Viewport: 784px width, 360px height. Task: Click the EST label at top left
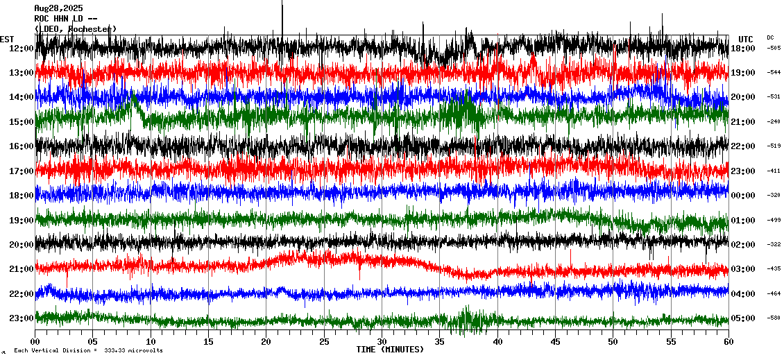pyautogui.click(x=7, y=39)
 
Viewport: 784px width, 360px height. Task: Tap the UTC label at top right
pyautogui.click(x=745, y=39)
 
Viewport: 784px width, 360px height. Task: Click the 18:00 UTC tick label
pyautogui.click(x=742, y=48)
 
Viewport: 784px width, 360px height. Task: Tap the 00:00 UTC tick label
pyautogui.click(x=742, y=196)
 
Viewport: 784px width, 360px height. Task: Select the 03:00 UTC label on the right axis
pyautogui.click(x=742, y=269)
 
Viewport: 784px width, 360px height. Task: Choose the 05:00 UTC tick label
pyautogui.click(x=742, y=318)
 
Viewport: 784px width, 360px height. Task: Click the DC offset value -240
pyautogui.click(x=774, y=122)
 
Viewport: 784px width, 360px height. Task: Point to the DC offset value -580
pyautogui.click(x=774, y=318)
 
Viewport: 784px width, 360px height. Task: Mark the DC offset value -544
pyautogui.click(x=774, y=73)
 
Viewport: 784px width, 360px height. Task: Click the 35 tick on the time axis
pyautogui.click(x=440, y=342)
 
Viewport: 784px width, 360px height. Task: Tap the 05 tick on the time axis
pyautogui.click(x=93, y=342)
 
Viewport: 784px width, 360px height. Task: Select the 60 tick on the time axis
pyautogui.click(x=728, y=342)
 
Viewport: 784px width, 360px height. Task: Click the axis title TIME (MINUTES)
pyautogui.click(x=390, y=350)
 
